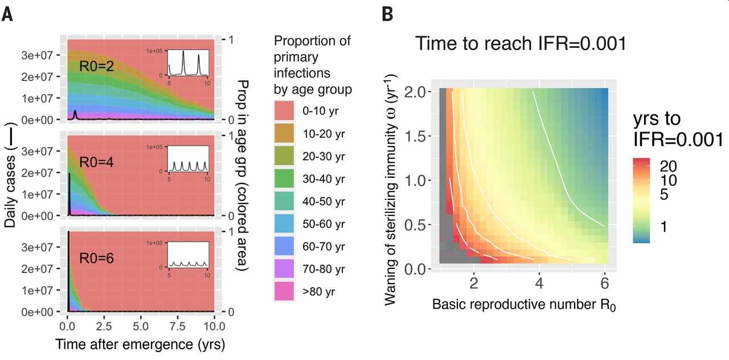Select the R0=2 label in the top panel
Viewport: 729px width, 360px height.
pos(96,67)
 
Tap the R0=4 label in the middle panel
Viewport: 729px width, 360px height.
pos(96,162)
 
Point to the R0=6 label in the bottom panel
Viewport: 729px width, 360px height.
pos(96,258)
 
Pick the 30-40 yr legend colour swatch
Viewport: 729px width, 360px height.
pos(284,179)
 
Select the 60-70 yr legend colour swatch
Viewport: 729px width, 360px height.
pos(284,247)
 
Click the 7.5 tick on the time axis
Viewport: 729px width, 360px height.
pos(177,325)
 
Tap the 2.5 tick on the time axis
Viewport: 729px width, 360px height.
pos(104,325)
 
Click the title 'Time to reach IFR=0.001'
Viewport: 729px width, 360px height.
pos(520,43)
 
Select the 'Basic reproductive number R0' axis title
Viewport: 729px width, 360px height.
pos(524,305)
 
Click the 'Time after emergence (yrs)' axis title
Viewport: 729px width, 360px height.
pos(140,344)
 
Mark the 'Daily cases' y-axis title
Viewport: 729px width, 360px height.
pos(10,178)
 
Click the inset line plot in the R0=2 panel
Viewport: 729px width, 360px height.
pos(188,64)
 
